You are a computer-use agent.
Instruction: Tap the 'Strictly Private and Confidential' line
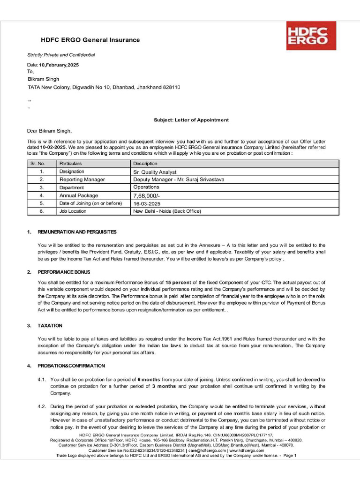(x=61, y=55)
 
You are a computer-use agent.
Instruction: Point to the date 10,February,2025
(x=59, y=65)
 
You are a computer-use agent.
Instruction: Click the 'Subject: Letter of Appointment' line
(x=191, y=120)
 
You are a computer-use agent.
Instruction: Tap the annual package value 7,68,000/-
(x=147, y=195)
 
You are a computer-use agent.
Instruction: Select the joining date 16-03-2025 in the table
(x=147, y=203)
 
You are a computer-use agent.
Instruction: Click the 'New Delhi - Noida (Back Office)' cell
(x=167, y=211)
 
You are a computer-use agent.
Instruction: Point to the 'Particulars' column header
(x=70, y=164)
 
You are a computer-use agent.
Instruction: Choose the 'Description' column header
(x=145, y=164)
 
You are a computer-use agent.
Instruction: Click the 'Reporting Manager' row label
(x=82, y=180)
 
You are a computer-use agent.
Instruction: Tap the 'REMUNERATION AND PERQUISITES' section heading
(x=77, y=232)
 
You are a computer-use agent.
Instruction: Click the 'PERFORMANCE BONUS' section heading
(x=64, y=272)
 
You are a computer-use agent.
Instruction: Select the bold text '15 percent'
(x=178, y=283)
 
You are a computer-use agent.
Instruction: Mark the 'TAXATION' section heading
(x=50, y=325)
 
